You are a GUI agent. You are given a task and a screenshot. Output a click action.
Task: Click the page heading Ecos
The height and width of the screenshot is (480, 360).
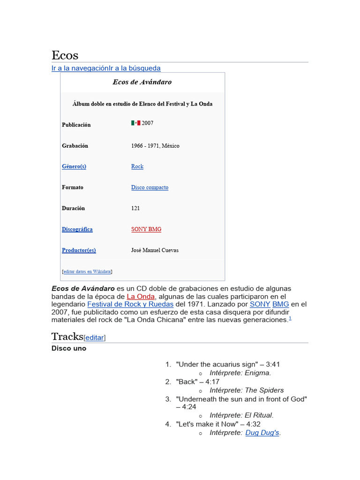point(65,55)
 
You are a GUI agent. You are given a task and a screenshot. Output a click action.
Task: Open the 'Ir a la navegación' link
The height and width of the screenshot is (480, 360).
point(80,68)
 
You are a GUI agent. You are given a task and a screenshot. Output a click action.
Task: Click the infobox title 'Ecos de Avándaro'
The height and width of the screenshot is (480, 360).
point(142,82)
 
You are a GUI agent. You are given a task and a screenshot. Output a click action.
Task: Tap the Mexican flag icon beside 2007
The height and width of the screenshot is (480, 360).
point(135,123)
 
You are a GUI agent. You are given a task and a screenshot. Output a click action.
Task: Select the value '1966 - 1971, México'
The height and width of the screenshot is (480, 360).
point(155,146)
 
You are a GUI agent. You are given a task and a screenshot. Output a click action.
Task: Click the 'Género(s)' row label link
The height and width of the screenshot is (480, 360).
point(74,166)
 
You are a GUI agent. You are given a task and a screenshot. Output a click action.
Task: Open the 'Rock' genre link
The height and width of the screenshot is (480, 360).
point(137,166)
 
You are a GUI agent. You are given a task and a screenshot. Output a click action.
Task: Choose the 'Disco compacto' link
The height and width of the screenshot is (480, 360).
point(150,187)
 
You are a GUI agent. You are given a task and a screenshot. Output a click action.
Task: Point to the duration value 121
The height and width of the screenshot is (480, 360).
point(135,208)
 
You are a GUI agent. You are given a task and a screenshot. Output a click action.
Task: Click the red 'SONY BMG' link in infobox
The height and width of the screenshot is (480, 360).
point(146,229)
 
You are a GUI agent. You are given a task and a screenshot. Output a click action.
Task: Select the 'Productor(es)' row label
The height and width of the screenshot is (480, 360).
point(79,250)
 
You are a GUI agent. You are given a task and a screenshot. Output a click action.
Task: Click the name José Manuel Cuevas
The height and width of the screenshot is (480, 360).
point(155,250)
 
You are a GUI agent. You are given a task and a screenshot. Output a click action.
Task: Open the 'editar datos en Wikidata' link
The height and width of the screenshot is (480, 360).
point(87,271)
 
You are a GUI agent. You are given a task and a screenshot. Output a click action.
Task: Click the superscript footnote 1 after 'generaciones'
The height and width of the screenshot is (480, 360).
point(290,319)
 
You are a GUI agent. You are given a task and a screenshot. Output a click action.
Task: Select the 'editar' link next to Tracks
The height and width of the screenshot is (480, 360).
point(95,337)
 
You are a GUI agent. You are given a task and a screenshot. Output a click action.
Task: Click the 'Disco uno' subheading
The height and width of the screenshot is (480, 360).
point(69,349)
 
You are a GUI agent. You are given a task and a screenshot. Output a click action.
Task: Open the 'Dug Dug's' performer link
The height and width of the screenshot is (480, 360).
point(262,433)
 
